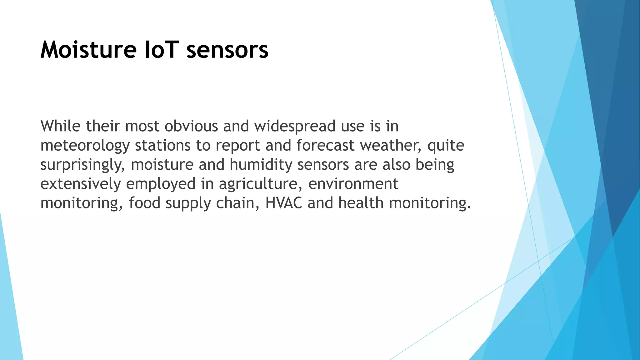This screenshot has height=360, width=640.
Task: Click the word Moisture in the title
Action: pos(88,50)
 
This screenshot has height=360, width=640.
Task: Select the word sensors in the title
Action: pos(227,50)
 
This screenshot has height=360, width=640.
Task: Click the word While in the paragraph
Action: pos(61,126)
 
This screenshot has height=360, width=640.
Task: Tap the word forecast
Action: pos(325,145)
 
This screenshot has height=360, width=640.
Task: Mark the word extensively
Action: pos(81,184)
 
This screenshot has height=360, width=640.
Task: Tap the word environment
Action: pos(353,184)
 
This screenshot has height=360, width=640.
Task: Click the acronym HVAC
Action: pos(284,203)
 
